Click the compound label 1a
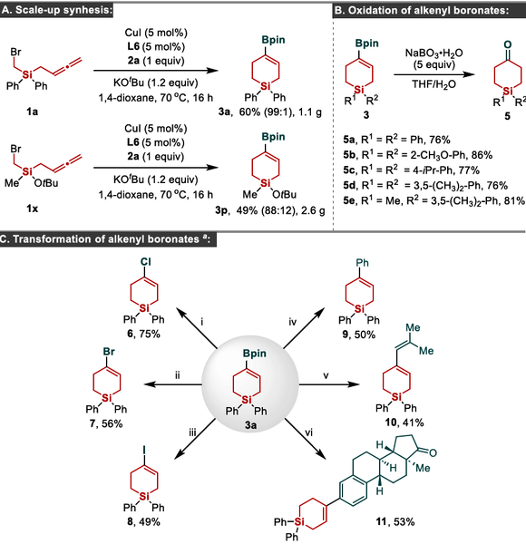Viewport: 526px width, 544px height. [33, 112]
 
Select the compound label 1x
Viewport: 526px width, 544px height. [33, 209]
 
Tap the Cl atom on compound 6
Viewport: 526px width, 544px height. [146, 262]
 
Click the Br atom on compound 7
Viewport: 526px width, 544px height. [109, 352]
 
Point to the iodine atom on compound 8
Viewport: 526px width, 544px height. [144, 450]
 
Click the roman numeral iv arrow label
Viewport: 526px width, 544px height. [293, 322]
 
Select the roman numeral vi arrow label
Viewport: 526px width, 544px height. [308, 432]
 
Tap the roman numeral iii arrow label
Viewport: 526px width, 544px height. [192, 432]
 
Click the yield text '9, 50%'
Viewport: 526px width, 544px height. [359, 335]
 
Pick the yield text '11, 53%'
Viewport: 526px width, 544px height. [395, 521]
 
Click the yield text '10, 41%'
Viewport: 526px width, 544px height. [404, 423]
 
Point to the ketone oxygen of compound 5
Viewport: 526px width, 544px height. [507, 44]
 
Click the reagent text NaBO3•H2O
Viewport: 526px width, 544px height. [433, 53]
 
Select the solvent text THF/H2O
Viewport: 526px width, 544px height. [433, 84]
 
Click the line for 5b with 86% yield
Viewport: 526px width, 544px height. [418, 155]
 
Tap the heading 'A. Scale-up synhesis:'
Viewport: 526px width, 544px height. [57, 10]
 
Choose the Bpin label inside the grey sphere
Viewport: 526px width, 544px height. [255, 354]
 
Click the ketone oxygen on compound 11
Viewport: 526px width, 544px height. [433, 452]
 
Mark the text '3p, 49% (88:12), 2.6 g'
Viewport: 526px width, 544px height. [270, 210]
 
